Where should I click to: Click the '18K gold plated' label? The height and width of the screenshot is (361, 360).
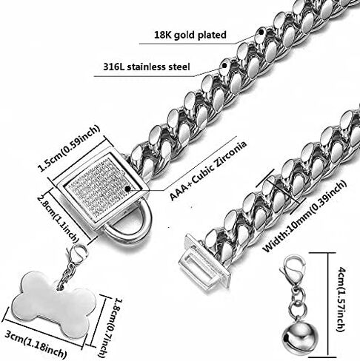point(190,35)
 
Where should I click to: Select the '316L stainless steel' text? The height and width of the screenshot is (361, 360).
point(147,67)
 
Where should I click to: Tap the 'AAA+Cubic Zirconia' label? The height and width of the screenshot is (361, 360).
point(208,170)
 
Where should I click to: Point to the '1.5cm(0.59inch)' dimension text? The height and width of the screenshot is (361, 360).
point(69,149)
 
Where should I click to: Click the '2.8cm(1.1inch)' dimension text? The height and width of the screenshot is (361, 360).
point(58,217)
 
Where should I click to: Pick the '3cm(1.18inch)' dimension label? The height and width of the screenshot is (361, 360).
point(36,344)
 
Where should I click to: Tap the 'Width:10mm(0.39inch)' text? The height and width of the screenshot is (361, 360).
point(304,216)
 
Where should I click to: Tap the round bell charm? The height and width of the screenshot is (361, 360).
point(300,337)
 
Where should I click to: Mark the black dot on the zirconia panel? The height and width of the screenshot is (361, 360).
point(127,189)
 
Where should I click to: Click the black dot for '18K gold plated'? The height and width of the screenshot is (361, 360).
point(261,32)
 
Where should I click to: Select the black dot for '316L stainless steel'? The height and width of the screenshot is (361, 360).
point(224,66)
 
